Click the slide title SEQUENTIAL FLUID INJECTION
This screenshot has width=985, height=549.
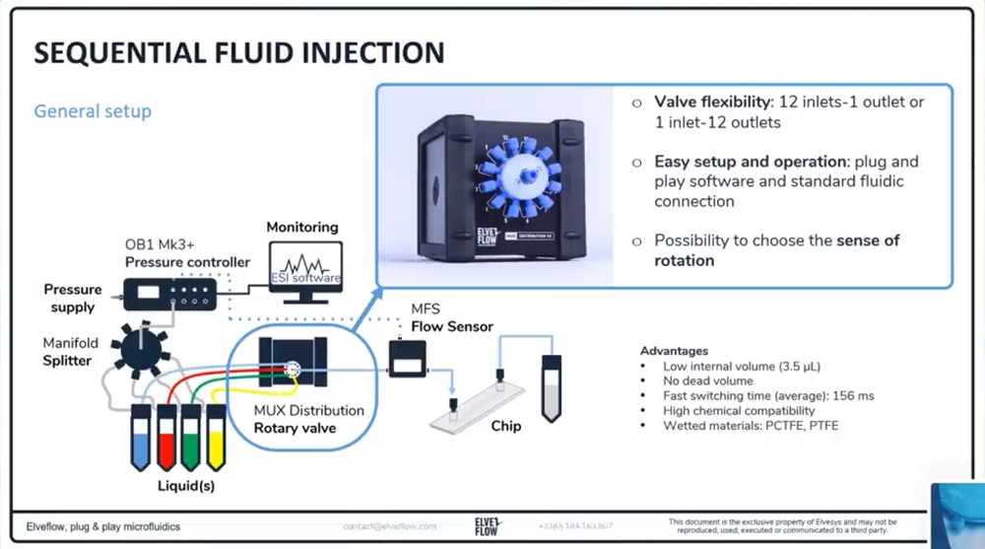point(238,52)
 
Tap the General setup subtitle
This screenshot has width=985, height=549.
point(93,110)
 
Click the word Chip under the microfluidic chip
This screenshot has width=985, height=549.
point(506,427)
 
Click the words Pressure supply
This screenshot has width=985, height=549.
point(73,298)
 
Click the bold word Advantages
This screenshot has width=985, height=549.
point(674,351)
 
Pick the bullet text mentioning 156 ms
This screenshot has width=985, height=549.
point(755,395)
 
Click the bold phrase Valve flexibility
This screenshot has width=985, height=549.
point(713,103)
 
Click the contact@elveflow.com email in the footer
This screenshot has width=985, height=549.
point(389,525)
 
